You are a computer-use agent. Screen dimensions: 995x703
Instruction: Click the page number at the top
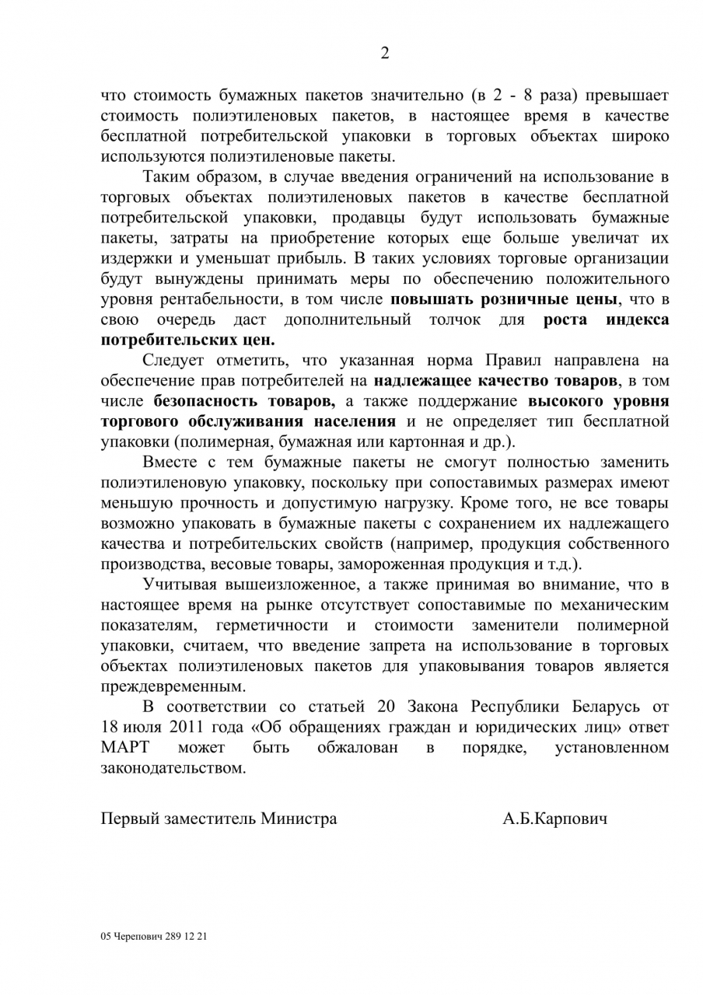pos(384,53)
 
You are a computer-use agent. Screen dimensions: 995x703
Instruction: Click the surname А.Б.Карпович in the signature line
pos(554,819)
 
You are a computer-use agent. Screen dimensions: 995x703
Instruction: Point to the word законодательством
pos(173,768)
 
